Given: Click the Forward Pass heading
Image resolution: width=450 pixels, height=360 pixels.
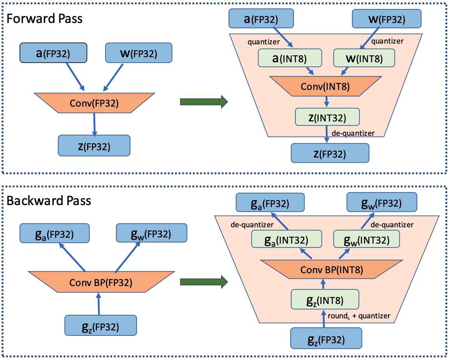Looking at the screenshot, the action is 44,19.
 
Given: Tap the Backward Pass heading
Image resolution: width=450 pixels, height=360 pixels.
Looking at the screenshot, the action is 49,200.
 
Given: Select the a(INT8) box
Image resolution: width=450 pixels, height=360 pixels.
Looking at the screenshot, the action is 290,58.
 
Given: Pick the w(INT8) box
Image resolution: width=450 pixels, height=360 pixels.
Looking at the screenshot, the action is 364,58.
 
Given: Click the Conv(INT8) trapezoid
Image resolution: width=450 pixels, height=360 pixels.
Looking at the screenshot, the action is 325,86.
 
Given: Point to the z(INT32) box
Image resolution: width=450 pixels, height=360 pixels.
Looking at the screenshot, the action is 327,117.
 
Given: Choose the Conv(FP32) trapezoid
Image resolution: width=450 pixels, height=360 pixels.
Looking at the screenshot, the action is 95,103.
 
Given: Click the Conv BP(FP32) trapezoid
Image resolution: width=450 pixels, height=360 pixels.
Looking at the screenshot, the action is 101,282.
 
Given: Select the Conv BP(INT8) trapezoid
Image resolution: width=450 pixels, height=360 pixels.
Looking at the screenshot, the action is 332,269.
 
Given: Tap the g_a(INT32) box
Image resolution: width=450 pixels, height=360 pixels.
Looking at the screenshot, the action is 287,239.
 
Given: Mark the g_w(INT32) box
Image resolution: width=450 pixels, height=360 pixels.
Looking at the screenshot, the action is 366,239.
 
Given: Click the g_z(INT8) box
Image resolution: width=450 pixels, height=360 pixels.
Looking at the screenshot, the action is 325,299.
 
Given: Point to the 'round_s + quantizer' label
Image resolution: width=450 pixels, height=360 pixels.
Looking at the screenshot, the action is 359,316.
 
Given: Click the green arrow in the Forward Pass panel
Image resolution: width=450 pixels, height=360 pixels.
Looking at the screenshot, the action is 204,102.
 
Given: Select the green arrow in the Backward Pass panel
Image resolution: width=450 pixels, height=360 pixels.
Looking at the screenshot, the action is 204,282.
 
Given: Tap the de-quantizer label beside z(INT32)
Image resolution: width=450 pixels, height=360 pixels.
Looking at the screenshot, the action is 353,133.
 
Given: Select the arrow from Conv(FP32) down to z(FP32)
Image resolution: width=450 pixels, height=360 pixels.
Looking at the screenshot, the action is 94,124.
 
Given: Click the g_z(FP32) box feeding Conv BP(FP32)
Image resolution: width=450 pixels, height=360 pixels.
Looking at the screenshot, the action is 100,325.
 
